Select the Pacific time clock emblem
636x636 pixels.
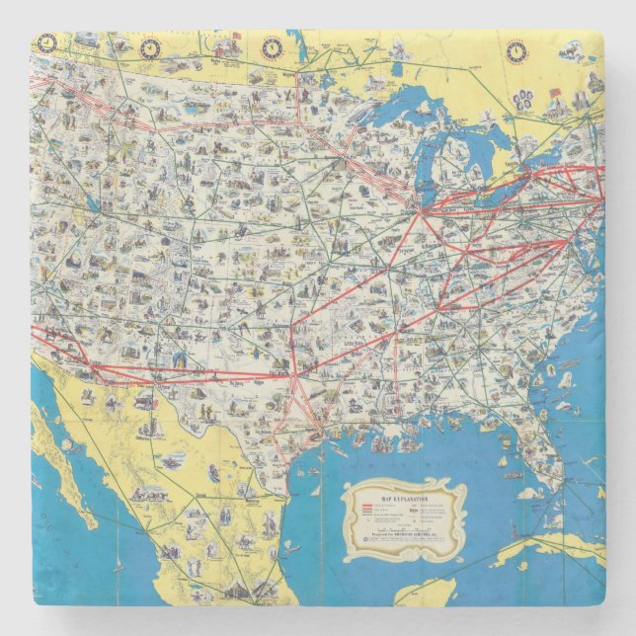tap(46, 42)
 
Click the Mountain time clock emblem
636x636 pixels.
tap(149, 45)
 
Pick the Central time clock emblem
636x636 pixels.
tap(271, 46)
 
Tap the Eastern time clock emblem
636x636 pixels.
tap(516, 50)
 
